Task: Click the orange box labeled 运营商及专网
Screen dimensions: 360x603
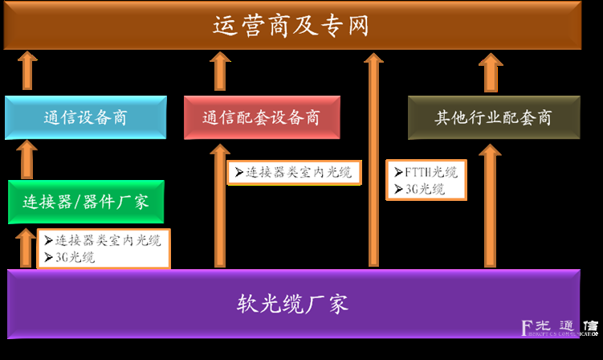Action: [291, 26]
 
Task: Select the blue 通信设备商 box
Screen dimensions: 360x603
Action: [85, 117]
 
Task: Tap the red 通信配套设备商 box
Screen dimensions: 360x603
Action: [262, 117]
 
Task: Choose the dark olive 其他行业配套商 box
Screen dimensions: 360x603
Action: [493, 117]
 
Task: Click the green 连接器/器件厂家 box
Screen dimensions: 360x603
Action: [85, 202]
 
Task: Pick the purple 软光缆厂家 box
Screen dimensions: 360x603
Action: [292, 304]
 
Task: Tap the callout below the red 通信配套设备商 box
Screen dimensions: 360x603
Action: [293, 172]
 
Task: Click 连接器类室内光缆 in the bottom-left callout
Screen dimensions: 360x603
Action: [103, 240]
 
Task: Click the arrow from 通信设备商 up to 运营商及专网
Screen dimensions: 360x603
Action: [27, 71]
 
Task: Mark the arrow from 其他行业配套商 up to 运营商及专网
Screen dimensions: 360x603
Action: [490, 72]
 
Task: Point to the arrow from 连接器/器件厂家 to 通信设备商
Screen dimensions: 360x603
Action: [27, 159]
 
